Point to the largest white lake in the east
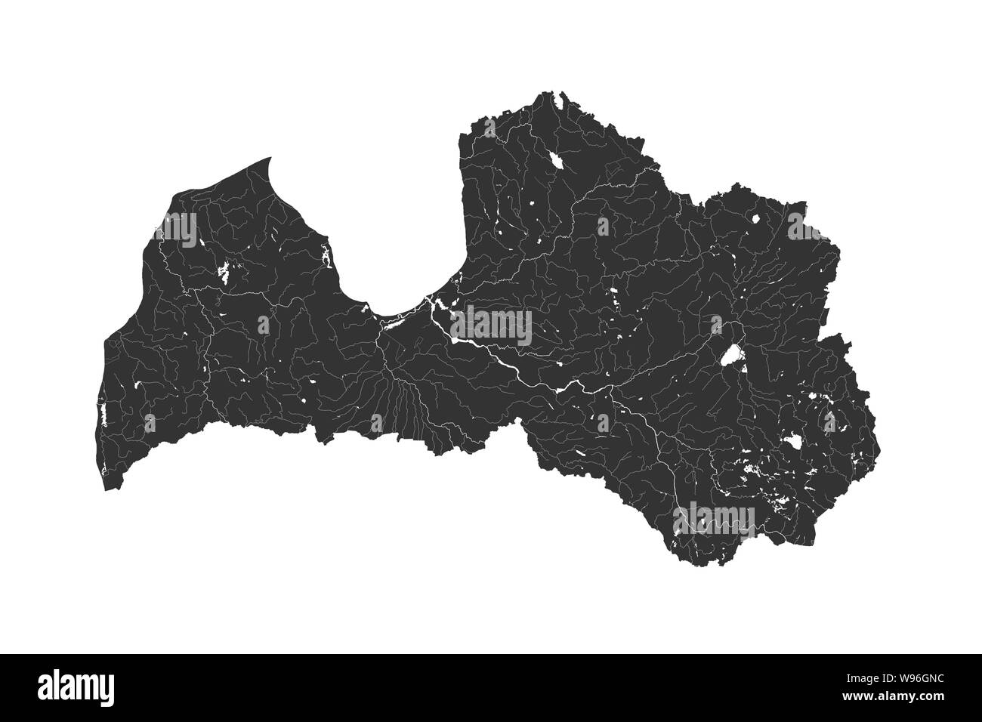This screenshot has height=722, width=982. point(730,356)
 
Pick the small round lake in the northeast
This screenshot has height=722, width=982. point(756,220)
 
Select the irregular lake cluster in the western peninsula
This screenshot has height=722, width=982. point(226,270)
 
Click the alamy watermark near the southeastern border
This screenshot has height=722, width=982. point(718,518)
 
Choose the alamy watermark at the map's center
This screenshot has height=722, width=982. point(492,326)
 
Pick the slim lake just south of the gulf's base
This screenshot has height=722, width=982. point(393,325)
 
